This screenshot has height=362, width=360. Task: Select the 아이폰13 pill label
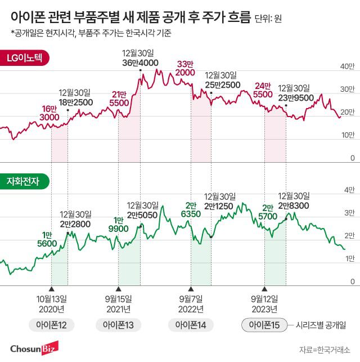tap(118, 325)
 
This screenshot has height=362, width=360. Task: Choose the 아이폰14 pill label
tap(191, 325)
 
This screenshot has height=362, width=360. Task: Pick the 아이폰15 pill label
tap(264, 325)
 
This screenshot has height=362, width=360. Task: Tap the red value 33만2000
tap(185, 68)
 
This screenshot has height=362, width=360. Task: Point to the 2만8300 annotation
tap(294, 201)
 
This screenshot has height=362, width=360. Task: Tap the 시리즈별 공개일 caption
tap(323, 325)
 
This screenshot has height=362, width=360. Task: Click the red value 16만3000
tap(49, 113)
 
